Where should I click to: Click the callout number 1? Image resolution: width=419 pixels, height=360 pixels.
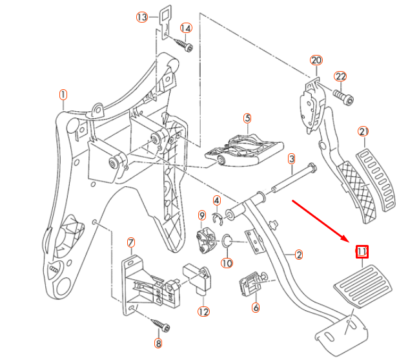point(63,95)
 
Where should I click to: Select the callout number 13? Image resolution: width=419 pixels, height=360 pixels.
point(142,17)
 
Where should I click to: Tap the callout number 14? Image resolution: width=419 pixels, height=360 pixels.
point(186,28)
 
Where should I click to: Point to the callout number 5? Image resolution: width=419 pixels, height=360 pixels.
point(247,118)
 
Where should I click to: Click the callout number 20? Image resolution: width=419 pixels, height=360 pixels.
point(316,60)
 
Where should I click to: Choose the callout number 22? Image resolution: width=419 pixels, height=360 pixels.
point(341,76)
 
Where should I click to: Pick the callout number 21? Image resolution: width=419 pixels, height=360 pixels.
point(363,132)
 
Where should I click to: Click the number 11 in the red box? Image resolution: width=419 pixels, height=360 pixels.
point(362,251)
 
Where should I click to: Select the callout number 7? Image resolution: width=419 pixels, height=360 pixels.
point(131,243)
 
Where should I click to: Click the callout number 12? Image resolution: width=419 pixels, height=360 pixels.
point(204,312)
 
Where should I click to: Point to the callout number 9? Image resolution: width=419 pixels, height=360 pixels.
point(201,215)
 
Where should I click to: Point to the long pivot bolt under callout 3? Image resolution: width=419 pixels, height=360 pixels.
point(294,180)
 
